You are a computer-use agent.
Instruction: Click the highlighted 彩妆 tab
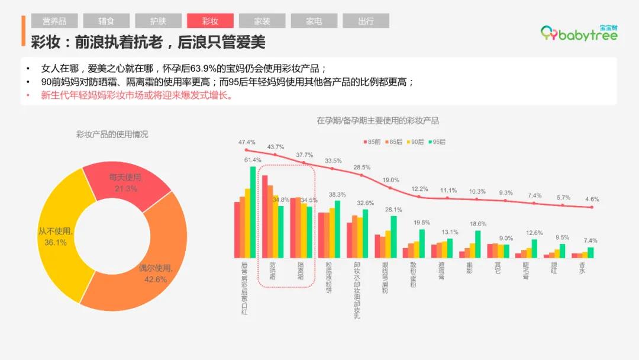pyautogui.click(x=210, y=21)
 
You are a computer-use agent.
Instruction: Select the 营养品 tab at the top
pyautogui.click(x=54, y=21)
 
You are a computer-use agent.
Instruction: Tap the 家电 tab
pyautogui.click(x=314, y=21)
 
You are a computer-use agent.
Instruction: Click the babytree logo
pyautogui.click(x=579, y=34)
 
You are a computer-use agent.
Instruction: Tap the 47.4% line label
pyautogui.click(x=247, y=142)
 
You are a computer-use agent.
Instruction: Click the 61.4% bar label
pyautogui.click(x=253, y=160)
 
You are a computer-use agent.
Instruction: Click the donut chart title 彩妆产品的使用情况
pyautogui.click(x=112, y=134)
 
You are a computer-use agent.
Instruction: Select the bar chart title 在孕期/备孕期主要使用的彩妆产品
pyautogui.click(x=377, y=121)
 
